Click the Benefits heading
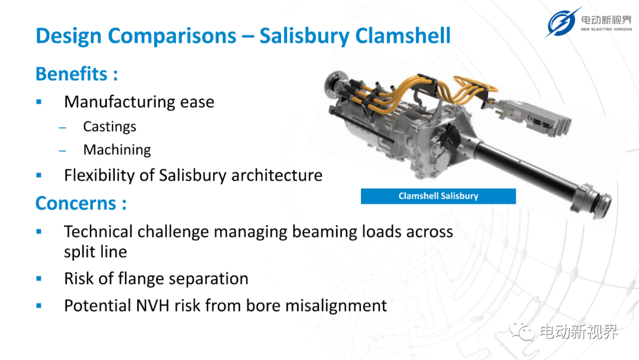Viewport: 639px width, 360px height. coord(76,74)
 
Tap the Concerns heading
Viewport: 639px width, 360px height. coord(80,204)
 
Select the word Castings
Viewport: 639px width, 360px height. coord(109,127)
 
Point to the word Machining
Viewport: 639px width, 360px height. coord(117,150)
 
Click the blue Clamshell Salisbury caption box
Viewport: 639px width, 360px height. coord(438,196)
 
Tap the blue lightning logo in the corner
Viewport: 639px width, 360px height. coord(563,22)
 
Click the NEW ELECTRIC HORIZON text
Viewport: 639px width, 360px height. coord(606,30)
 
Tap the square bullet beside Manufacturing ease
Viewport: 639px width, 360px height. coord(39,102)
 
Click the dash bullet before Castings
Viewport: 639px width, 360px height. coord(62,128)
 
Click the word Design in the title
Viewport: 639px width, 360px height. coord(69,36)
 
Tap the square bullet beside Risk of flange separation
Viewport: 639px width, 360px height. coord(39,279)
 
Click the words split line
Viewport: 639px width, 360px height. coord(95,252)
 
